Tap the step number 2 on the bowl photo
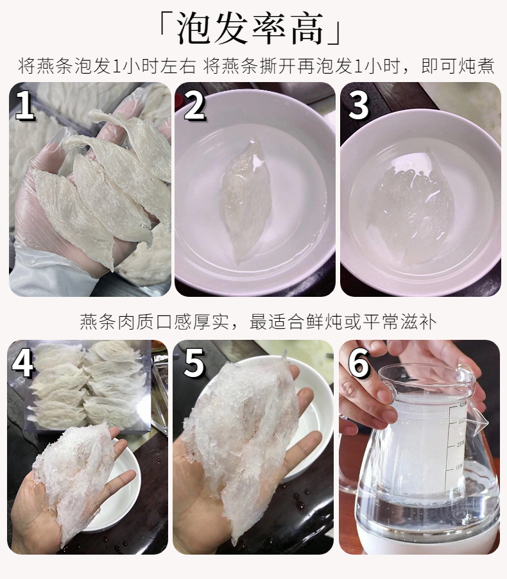click(x=194, y=105)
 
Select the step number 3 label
click(x=359, y=105)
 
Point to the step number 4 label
click(x=24, y=363)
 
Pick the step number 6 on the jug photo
click(x=359, y=363)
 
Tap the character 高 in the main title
click(x=307, y=28)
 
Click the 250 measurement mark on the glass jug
click(x=460, y=444)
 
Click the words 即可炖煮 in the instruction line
click(x=458, y=67)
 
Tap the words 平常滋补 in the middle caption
click(x=399, y=322)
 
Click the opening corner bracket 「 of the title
click(x=165, y=25)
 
